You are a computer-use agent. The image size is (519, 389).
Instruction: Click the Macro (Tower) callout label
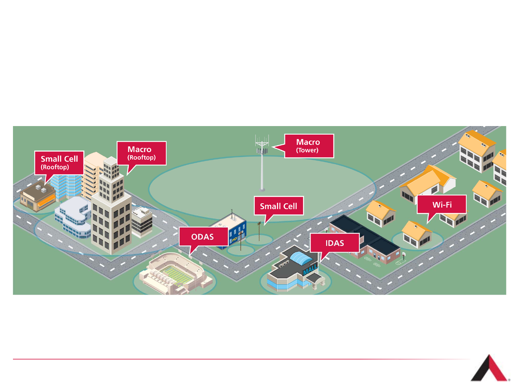click(x=309, y=146)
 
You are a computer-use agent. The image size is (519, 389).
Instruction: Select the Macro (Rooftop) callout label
click(x=141, y=153)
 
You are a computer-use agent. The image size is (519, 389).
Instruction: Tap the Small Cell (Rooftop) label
click(x=59, y=162)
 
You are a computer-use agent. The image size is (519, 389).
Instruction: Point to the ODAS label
click(x=203, y=237)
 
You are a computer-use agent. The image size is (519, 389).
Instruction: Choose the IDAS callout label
click(x=334, y=243)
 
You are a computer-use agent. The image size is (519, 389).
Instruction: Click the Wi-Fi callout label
click(x=442, y=205)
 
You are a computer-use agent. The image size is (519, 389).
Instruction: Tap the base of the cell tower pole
click(x=262, y=189)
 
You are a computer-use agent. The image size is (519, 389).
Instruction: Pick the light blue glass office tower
click(x=67, y=185)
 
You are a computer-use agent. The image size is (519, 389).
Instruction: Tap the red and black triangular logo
click(x=489, y=369)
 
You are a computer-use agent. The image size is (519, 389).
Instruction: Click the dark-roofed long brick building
click(x=364, y=238)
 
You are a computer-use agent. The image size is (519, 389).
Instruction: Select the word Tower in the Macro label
click(x=307, y=151)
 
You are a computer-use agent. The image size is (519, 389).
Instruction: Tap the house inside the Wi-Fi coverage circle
click(x=417, y=235)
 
